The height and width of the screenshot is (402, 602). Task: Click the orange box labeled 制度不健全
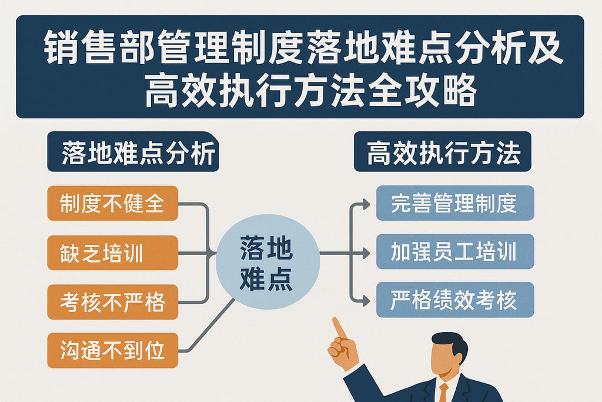tap(112, 203)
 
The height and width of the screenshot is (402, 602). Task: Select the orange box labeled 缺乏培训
tap(112, 253)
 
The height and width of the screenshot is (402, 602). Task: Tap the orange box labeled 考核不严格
tap(112, 302)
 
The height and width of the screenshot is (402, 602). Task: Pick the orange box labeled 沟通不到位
tap(112, 351)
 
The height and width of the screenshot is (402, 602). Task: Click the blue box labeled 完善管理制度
tap(454, 203)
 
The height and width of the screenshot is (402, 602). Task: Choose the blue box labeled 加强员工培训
tap(454, 251)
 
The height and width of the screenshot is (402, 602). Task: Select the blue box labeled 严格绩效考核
tap(454, 300)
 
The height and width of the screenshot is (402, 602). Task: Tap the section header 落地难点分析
tap(133, 152)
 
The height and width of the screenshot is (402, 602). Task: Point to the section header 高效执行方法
tap(442, 152)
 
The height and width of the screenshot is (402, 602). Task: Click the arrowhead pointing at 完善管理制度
tap(366, 204)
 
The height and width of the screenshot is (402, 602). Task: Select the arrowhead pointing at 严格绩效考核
tap(366, 301)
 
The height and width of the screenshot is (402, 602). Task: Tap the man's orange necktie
tap(443, 391)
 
